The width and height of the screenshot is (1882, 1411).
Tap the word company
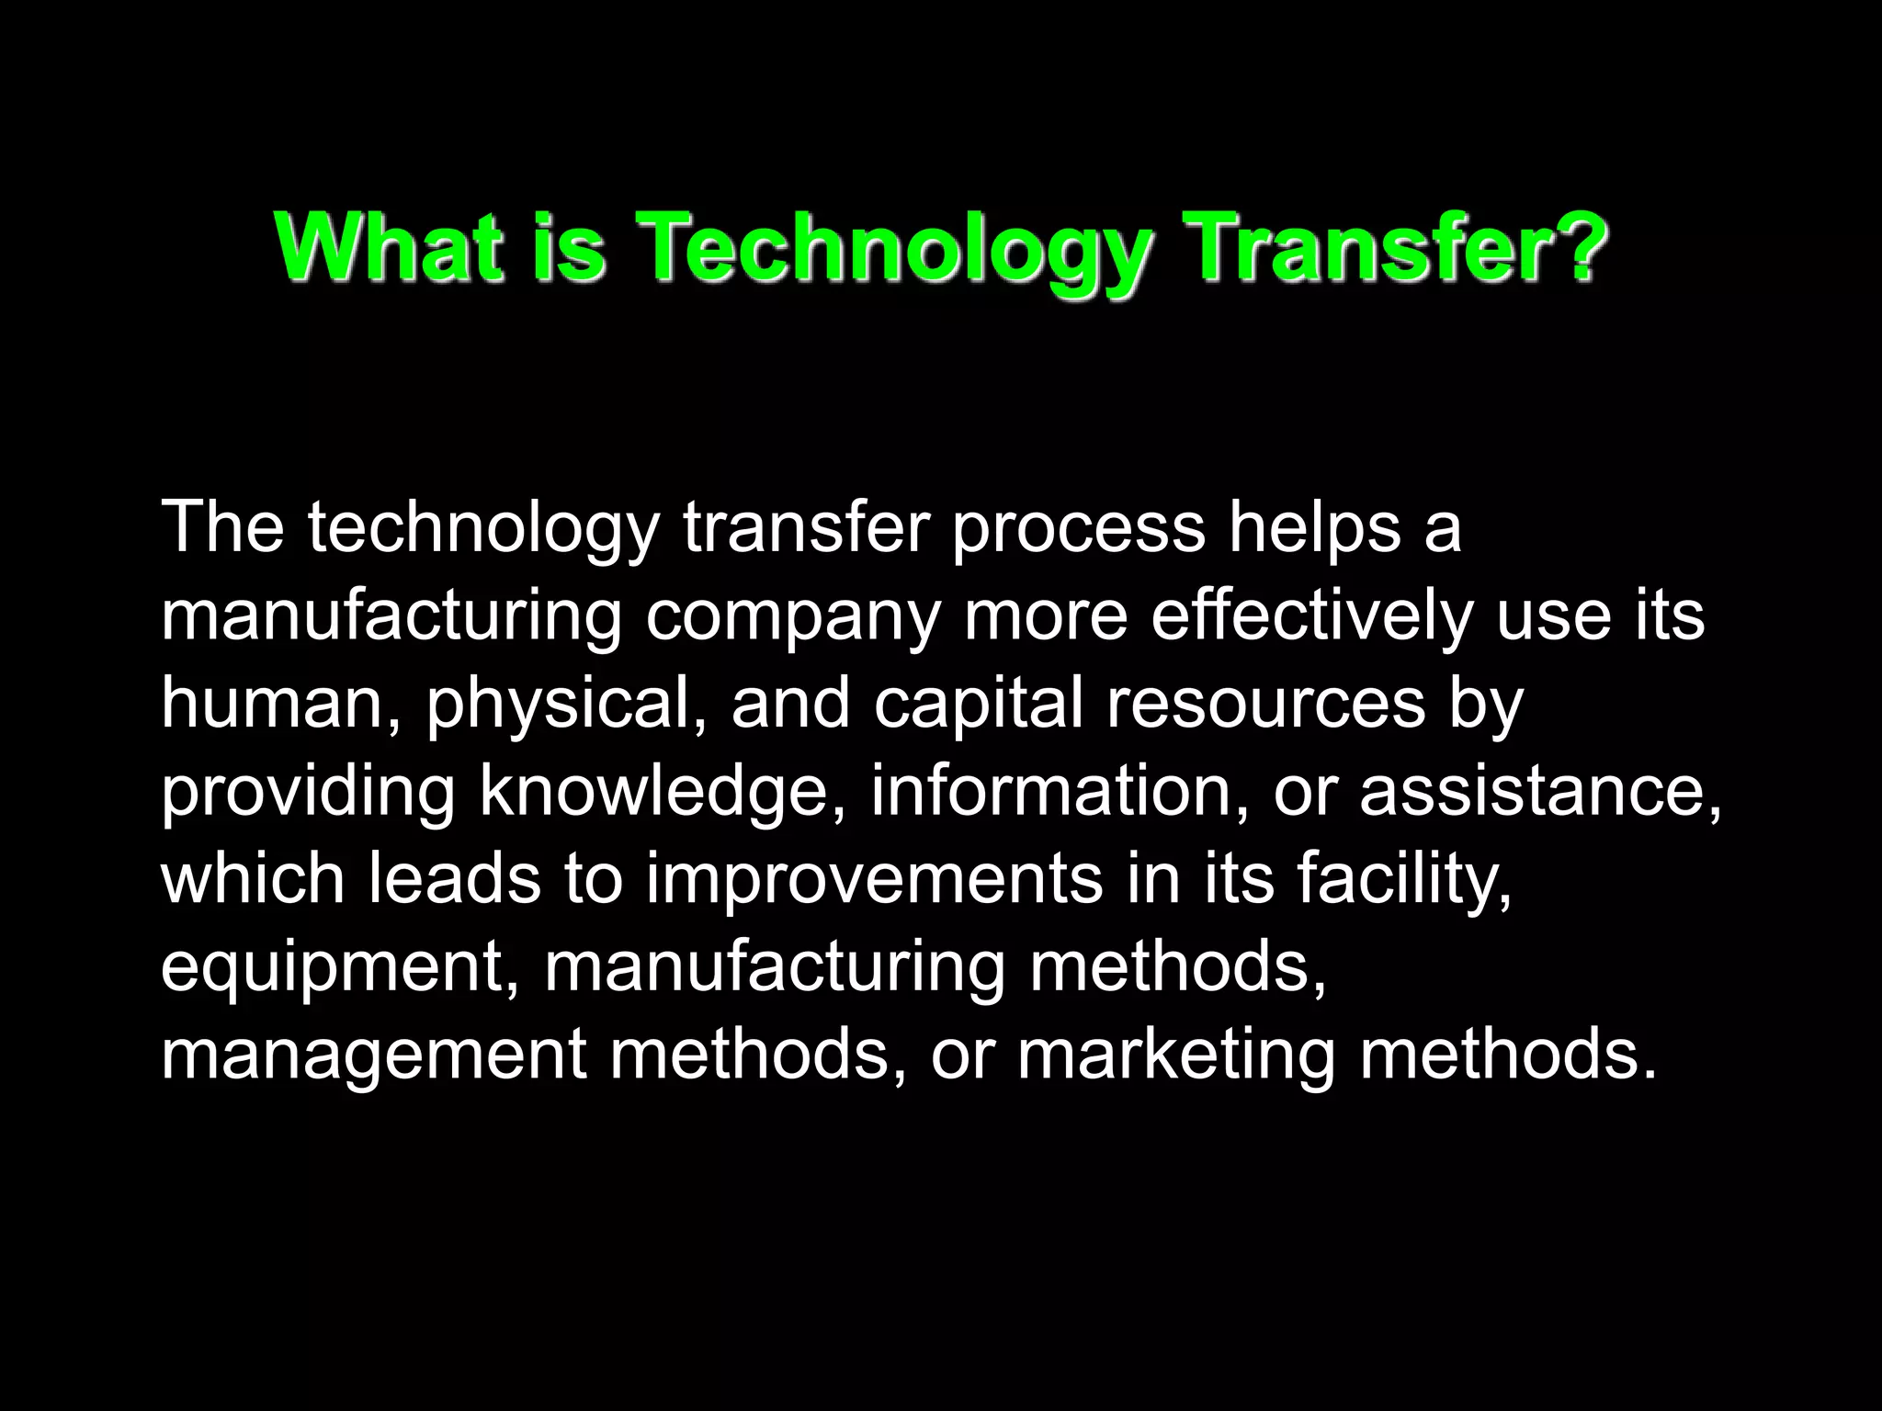pyautogui.click(x=793, y=617)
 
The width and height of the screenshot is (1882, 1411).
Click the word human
pyautogui.click(x=273, y=703)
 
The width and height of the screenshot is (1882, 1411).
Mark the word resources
pyautogui.click(x=1265, y=703)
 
